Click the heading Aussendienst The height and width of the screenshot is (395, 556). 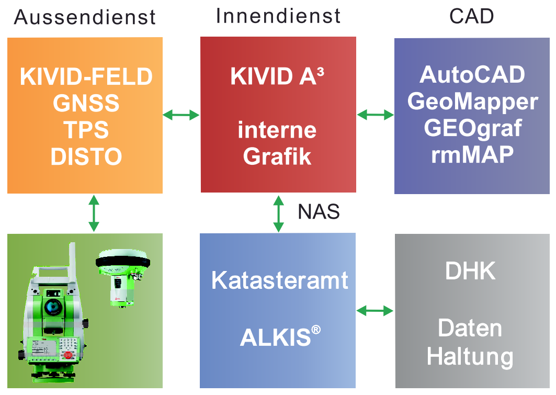tap(85, 17)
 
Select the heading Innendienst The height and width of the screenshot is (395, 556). tap(278, 16)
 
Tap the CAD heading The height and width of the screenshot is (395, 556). tap(471, 16)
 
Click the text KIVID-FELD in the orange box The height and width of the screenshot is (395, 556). tap(86, 77)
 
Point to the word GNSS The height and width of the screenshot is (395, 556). tap(86, 104)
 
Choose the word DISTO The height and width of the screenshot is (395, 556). tap(86, 156)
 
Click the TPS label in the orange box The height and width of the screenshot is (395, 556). tap(86, 130)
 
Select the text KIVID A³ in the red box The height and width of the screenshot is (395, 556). tap(277, 77)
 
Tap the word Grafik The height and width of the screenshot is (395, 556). tap(277, 156)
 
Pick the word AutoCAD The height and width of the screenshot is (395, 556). tap(472, 75)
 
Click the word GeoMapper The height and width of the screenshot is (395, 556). tap(472, 101)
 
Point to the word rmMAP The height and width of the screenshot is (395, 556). tap(472, 155)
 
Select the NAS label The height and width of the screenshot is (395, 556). tap(319, 211)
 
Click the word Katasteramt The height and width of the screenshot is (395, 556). tap(279, 281)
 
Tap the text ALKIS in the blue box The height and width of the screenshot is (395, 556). tap(279, 337)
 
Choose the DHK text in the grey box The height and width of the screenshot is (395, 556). tap(470, 270)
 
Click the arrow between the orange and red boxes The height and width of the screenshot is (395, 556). tap(181, 115)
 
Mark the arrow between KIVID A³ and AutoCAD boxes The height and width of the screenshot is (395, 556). tap(375, 115)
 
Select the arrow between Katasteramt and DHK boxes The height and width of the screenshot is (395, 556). tap(375, 311)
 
